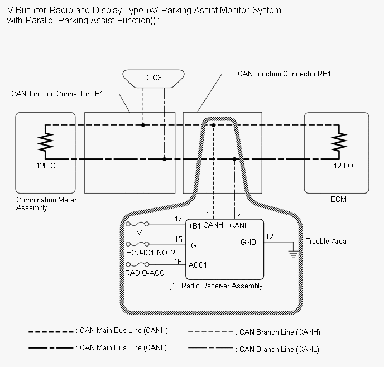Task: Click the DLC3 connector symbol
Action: click(153, 78)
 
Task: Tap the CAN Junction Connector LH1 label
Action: click(57, 94)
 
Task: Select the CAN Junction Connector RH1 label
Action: click(284, 74)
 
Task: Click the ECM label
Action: click(339, 200)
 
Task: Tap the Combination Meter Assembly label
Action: click(46, 204)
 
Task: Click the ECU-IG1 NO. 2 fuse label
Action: click(151, 252)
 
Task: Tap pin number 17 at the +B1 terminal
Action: click(178, 219)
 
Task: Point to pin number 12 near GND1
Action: click(270, 237)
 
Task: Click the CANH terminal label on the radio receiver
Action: click(213, 225)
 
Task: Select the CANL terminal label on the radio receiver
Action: click(239, 225)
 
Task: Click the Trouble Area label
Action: click(325, 241)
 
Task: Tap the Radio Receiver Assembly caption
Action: click(222, 286)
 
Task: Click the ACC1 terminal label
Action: click(198, 265)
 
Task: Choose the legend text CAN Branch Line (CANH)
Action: click(279, 332)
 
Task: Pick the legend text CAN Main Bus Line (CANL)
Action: click(123, 348)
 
